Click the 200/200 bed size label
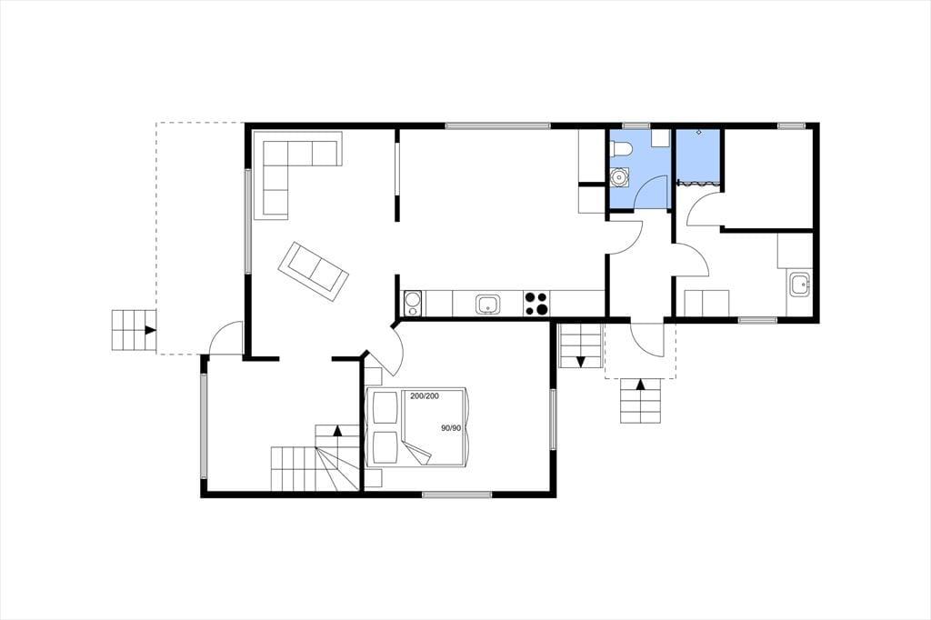point(425,396)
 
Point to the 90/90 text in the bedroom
point(451,427)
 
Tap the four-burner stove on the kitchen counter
point(536,303)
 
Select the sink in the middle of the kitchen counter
point(487,305)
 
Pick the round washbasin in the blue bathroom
point(620,177)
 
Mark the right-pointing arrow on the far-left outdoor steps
point(151,330)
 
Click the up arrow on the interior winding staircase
point(338,431)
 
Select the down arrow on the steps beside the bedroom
point(581,361)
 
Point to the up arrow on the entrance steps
point(641,385)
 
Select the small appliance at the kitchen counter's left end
point(413,304)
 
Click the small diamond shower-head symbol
point(699,131)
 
